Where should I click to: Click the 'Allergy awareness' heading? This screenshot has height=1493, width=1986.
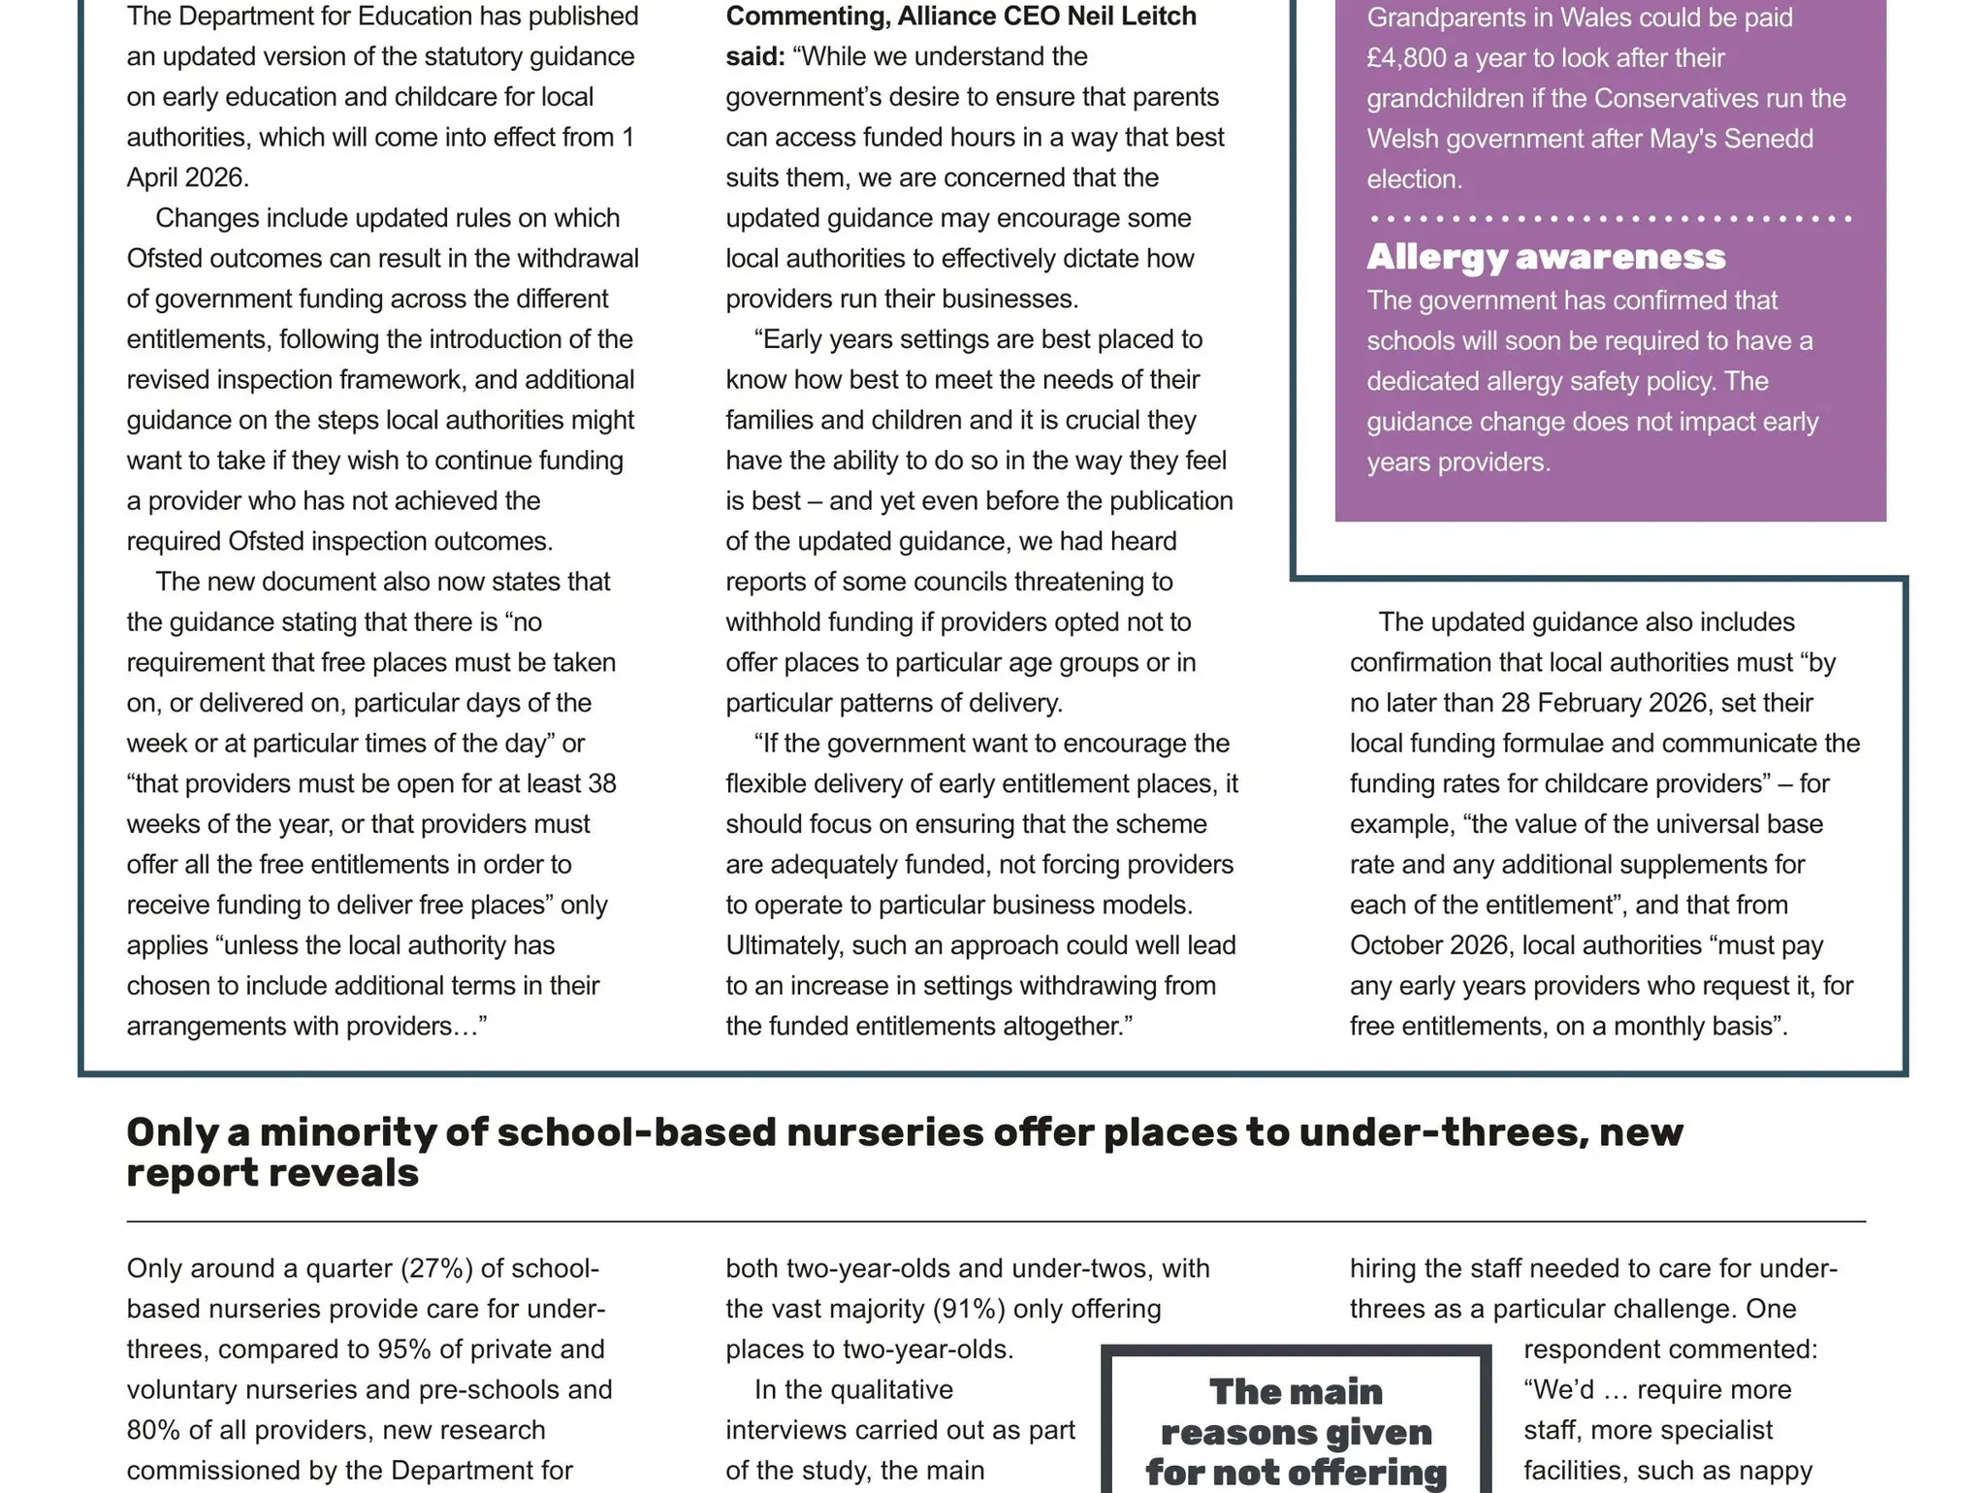tap(1546, 257)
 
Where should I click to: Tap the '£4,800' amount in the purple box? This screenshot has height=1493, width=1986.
tap(1405, 58)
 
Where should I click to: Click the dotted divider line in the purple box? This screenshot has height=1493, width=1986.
tap(1610, 219)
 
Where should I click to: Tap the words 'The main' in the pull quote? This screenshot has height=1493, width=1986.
tap(1296, 1392)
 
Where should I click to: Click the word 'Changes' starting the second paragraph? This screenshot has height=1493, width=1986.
tap(201, 218)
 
